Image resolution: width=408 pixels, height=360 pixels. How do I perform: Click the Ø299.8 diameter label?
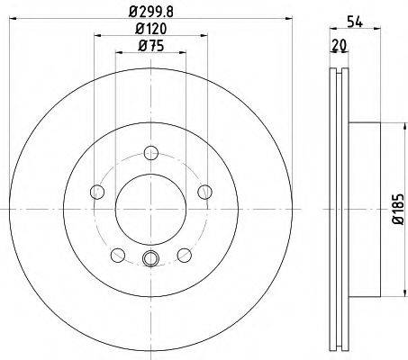tap(151, 12)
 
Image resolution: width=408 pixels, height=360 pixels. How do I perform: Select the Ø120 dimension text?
tap(150, 29)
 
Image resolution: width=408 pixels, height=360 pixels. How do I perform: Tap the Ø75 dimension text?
tap(150, 46)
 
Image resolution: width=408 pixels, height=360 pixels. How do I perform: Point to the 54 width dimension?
tap(355, 22)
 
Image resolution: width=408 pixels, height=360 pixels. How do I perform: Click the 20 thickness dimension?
tap(340, 45)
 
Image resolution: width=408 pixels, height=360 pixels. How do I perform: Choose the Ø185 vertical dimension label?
tap(399, 210)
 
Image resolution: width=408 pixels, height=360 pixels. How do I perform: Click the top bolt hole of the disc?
tap(150, 153)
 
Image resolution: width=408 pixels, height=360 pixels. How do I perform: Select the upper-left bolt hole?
tap(97, 192)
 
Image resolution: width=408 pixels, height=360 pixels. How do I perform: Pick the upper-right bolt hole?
tap(204, 192)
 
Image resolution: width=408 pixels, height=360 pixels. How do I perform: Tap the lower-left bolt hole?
tap(118, 255)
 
